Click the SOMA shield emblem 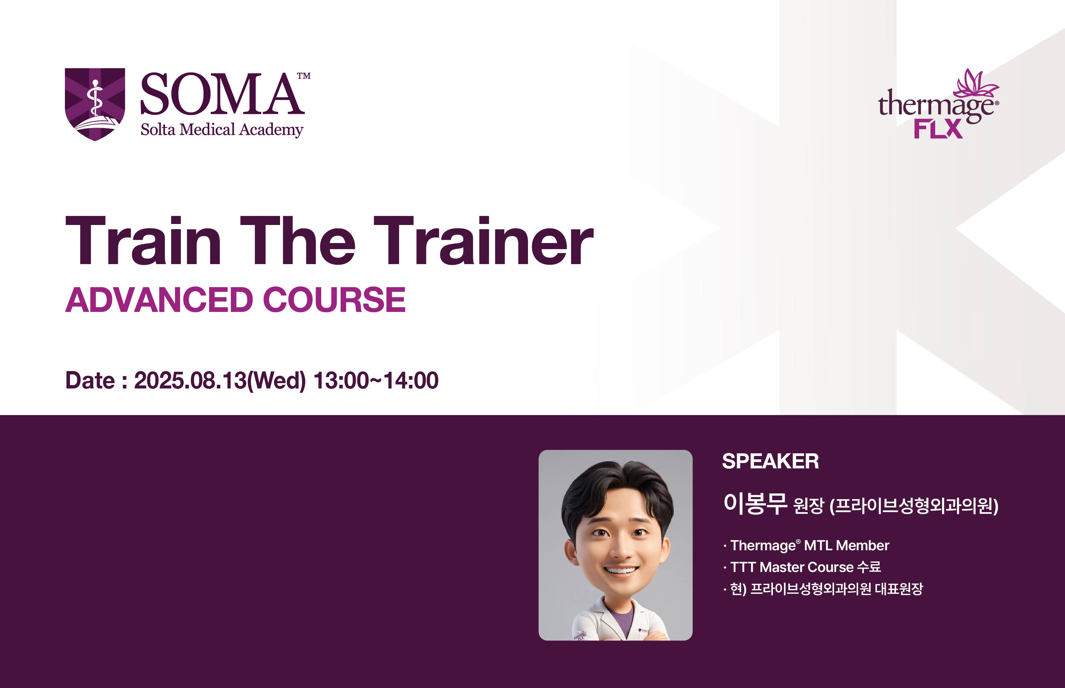95,104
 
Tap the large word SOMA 222,94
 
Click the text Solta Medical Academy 222,130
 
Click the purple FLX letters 938,129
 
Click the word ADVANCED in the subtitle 160,300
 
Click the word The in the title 298,240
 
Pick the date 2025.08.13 190,381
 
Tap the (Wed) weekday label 276,381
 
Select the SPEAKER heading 770,461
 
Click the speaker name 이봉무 755,503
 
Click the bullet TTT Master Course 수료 802,567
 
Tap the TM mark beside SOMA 304,76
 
